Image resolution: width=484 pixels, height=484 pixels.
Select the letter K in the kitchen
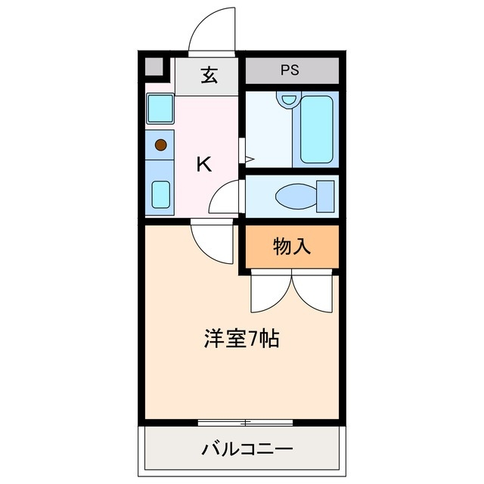point(203,164)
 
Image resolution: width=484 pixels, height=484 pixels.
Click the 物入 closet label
point(291,247)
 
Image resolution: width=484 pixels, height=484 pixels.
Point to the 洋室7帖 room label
point(241,339)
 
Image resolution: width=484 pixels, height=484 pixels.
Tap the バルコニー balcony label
point(247,450)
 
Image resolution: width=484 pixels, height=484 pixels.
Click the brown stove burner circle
point(160,144)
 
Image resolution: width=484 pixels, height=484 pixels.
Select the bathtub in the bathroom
point(318,128)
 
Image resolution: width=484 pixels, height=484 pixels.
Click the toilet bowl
point(295,197)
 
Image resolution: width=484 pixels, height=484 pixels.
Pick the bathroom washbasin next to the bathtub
point(287,99)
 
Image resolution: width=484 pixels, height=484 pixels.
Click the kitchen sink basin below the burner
point(160,194)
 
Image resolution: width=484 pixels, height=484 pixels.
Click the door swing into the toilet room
point(225,198)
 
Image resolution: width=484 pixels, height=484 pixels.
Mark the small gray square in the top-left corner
point(154,69)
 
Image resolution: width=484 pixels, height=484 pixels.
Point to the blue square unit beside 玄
point(160,109)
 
